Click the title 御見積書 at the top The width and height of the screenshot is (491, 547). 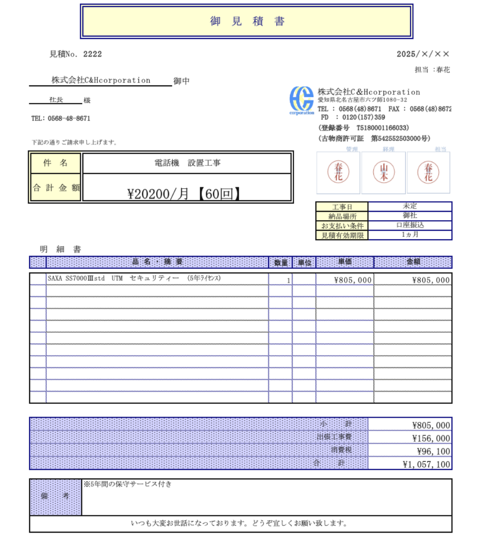246,21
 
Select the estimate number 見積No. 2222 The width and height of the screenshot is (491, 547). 76,54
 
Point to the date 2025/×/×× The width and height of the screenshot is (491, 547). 422,54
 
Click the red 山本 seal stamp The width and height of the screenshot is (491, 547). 384,172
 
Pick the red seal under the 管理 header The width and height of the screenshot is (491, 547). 339,172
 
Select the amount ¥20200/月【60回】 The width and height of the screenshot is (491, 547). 184,193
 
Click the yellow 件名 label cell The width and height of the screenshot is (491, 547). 56,163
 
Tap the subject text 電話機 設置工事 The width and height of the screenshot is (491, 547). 187,163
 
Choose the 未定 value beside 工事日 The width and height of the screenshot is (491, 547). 409,206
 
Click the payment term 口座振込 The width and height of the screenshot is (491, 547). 409,225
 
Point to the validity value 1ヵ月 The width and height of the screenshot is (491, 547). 409,235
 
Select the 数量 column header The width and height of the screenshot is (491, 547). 281,262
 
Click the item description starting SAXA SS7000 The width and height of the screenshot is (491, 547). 134,279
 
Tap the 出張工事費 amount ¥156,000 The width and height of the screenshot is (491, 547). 431,439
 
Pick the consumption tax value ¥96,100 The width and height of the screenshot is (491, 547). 433,452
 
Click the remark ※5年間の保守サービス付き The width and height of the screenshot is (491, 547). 128,484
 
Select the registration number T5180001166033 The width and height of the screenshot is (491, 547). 383,128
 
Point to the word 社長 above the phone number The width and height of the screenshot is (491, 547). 56,100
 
